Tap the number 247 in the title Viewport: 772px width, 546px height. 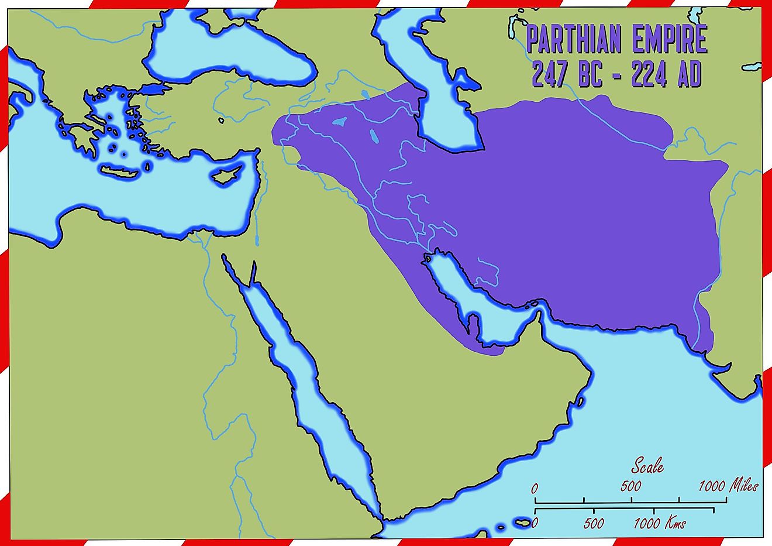(x=549, y=74)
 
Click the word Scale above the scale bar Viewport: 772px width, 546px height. (x=647, y=466)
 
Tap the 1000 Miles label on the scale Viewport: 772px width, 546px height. (x=728, y=486)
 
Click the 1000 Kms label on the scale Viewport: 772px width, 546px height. (x=659, y=523)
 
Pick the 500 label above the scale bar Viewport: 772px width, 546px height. (x=630, y=486)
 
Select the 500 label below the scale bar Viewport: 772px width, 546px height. (x=594, y=523)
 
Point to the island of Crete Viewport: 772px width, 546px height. (x=123, y=170)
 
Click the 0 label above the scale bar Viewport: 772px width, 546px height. (x=534, y=487)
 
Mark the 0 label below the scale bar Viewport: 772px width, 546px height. (x=536, y=523)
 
